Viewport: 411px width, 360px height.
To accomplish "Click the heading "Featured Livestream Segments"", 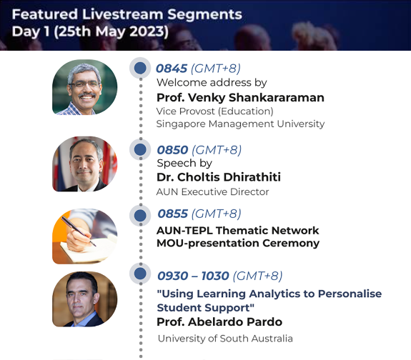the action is coord(127,14).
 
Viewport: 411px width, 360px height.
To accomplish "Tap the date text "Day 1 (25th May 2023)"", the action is coord(90,31).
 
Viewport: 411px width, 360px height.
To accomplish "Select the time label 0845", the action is coord(172,69).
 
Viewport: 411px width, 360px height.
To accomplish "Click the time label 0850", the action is coord(172,150).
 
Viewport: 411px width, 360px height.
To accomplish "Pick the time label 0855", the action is coord(173,214).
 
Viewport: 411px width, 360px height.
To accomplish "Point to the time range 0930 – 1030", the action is coord(193,276).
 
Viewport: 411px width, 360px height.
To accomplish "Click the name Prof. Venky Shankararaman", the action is coord(240,98).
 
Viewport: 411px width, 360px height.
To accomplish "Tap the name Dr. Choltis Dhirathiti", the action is coord(219,177).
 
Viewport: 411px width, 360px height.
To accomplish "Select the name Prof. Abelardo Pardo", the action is coord(219,322).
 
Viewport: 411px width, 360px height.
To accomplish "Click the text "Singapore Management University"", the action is coord(240,124).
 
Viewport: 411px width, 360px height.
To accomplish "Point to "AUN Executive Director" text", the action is coord(212,192).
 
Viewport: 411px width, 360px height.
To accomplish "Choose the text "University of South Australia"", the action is coord(225,339).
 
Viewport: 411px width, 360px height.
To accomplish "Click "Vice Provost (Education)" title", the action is coord(214,111).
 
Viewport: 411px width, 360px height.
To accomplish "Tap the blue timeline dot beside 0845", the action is coord(140,68).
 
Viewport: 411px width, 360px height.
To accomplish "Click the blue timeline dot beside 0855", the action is coord(140,216).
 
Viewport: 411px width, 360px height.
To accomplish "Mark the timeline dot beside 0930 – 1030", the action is coord(140,274).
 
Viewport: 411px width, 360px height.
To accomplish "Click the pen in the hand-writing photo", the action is coord(79,231).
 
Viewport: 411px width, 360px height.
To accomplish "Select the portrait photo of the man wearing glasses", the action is coord(84,87).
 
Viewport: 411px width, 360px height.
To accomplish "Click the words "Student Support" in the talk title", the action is coord(206,308).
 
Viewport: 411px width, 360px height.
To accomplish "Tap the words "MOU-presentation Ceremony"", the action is coord(238,244).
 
